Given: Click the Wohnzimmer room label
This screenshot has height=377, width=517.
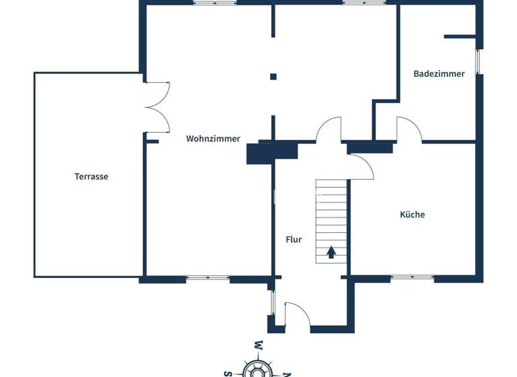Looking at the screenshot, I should pos(213,139).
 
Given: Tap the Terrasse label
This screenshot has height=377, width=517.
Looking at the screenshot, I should pos(92,176).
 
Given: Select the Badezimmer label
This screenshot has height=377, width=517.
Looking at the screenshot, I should pos(439,74).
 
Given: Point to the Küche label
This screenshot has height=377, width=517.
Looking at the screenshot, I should pos(412,215).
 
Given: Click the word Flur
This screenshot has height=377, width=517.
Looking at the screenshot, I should pos(294,239).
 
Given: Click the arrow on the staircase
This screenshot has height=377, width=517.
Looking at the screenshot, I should pos(331,252).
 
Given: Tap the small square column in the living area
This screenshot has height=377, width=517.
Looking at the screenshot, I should pos(273,77).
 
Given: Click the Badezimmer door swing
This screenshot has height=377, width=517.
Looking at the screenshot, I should pos(409,129).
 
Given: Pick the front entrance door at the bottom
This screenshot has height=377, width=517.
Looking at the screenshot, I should pos(297,315).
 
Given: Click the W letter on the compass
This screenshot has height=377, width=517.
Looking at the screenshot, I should pos(258,346).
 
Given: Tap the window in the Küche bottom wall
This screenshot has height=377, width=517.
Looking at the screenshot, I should pos(411,277).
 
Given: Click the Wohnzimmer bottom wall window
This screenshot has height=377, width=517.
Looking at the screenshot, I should pos(208,277).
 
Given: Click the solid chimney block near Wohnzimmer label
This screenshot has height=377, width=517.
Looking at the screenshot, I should pos(262,153).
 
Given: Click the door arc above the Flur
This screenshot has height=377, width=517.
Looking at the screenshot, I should pos(329,129).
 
